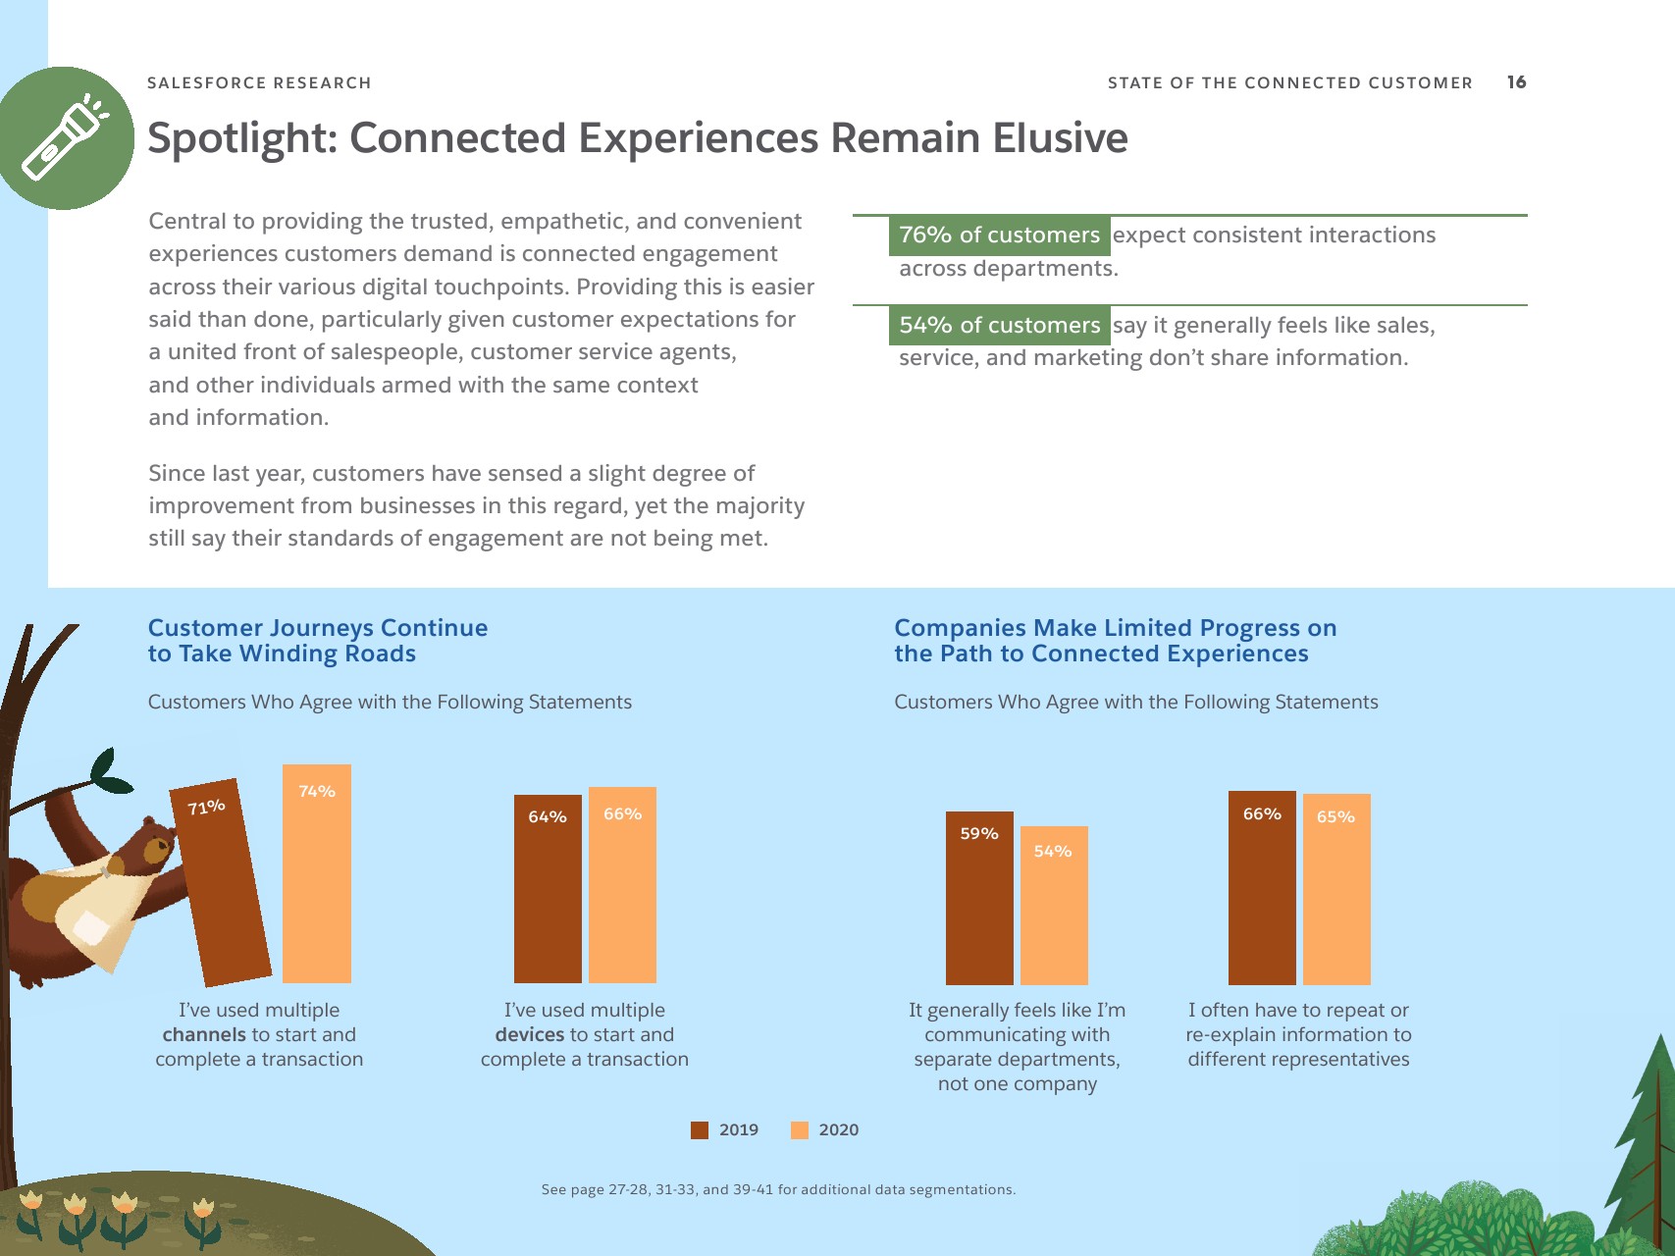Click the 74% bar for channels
click(x=317, y=873)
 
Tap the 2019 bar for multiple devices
click(x=548, y=889)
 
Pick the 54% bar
click(x=1054, y=906)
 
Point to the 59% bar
click(x=979, y=898)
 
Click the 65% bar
click(x=1336, y=889)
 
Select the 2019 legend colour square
click(x=700, y=1130)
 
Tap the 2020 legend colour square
click(x=800, y=1130)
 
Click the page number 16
click(x=1517, y=82)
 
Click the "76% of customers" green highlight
click(x=999, y=235)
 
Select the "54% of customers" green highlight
click(x=999, y=326)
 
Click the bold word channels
click(x=204, y=1035)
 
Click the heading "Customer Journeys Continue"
click(x=318, y=628)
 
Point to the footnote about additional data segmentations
click(x=778, y=1189)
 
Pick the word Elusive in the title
click(x=1060, y=138)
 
